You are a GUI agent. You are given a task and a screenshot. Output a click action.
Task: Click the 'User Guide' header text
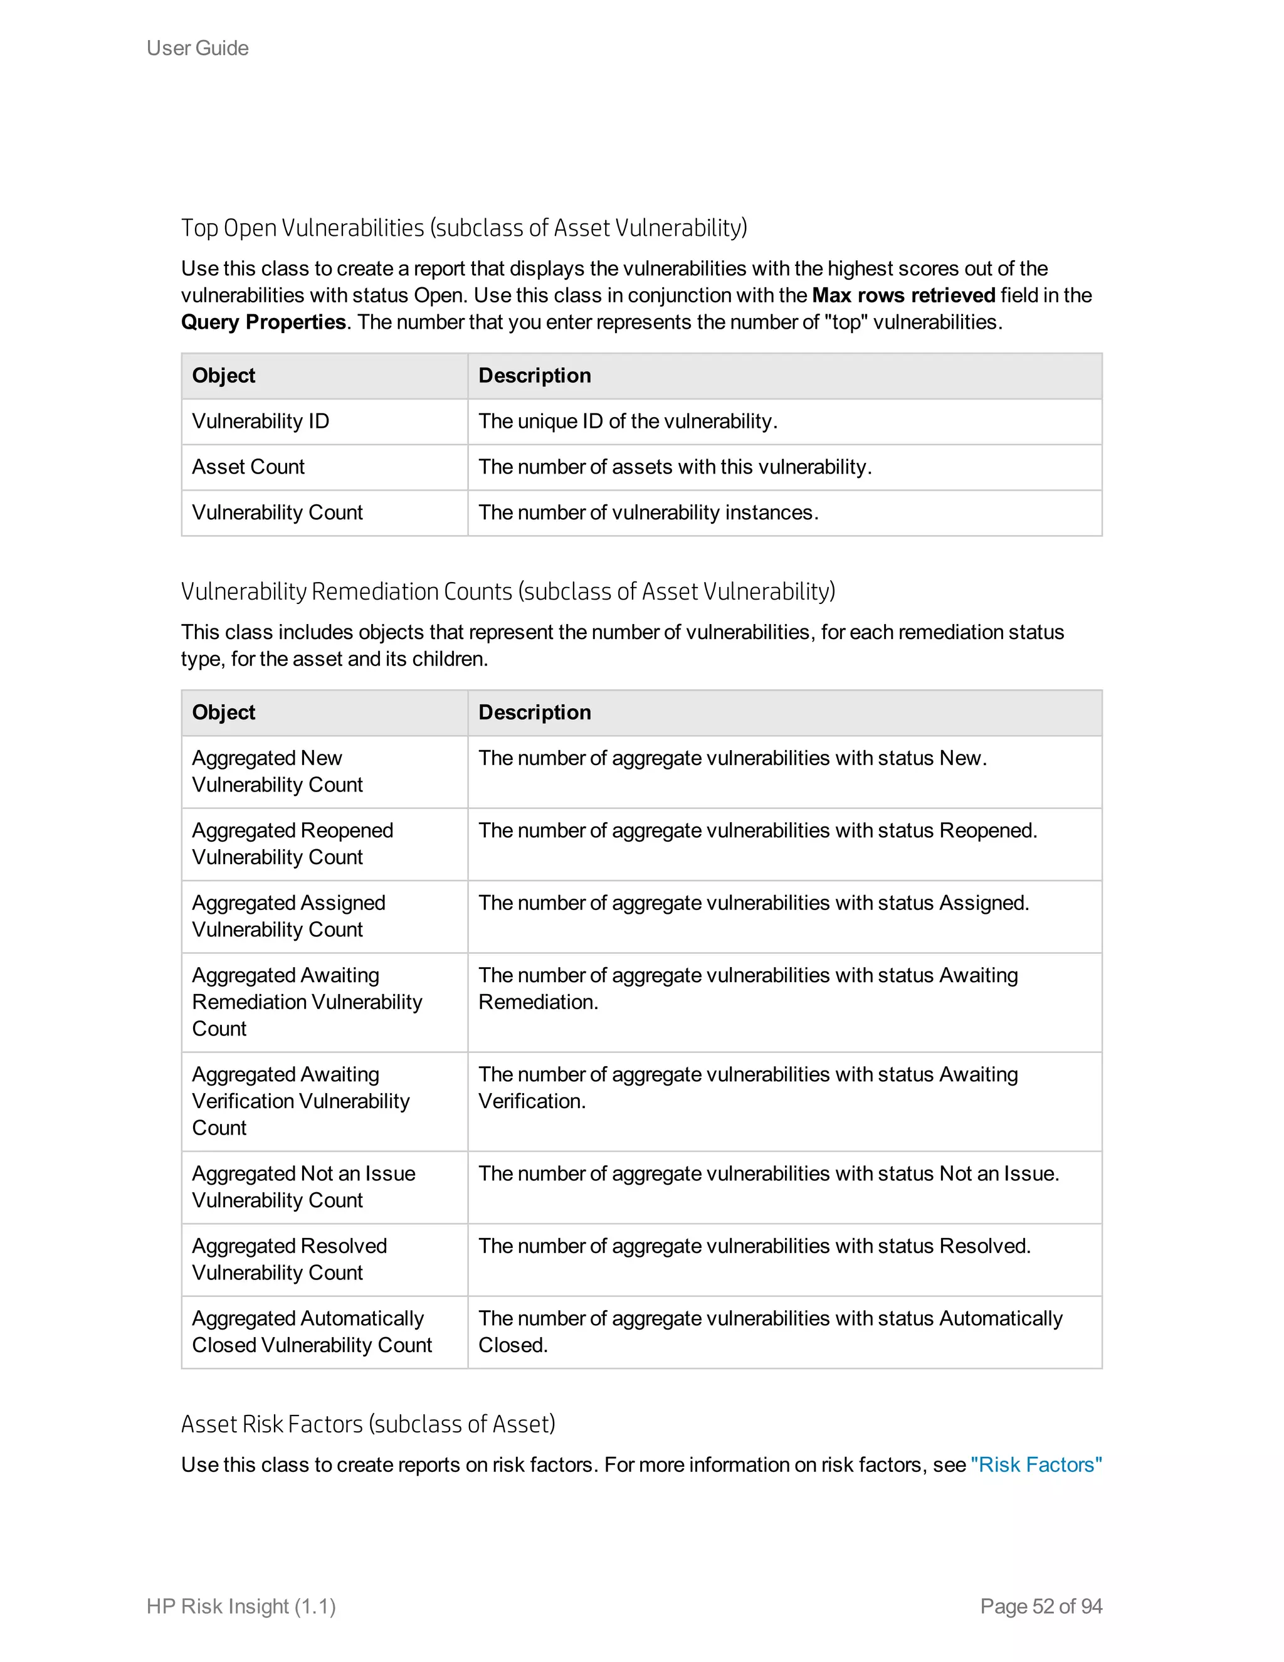[197, 48]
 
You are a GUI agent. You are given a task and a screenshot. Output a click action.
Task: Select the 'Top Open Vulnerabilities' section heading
[463, 228]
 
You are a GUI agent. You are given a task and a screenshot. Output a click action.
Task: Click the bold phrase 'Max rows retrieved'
[903, 295]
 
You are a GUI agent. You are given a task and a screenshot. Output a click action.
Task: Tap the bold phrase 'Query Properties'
[263, 322]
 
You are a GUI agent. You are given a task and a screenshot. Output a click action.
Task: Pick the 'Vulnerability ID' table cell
[260, 421]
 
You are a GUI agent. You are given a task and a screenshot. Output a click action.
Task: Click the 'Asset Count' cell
[248, 467]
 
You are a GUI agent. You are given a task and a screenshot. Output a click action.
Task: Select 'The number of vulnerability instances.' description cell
[648, 512]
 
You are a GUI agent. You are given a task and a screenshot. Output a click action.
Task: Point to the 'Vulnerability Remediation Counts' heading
[507, 591]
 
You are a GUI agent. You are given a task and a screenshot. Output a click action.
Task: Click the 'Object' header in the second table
[224, 712]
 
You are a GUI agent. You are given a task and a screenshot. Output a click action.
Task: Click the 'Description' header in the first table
[534, 375]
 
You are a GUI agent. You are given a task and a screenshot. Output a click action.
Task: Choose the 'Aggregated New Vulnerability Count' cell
[277, 771]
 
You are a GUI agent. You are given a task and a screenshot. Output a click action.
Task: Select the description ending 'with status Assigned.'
[753, 902]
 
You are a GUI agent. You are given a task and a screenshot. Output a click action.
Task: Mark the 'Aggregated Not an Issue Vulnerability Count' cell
[303, 1187]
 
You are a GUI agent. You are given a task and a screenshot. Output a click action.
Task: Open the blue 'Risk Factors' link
[1036, 1465]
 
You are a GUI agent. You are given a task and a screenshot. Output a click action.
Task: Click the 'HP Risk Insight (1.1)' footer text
[241, 1606]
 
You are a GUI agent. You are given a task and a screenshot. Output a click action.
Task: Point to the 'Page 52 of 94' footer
[1041, 1606]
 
